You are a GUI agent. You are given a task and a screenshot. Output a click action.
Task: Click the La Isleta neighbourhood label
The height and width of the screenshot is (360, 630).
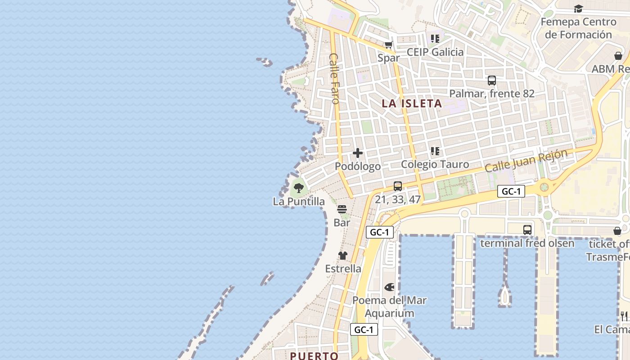(412, 103)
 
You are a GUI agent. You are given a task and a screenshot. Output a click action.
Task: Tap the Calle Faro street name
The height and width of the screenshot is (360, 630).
(334, 79)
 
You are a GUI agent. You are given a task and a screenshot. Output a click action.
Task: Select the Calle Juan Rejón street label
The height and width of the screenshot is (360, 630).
(526, 161)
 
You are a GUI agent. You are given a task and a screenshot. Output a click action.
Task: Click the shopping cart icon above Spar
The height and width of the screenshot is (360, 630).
(388, 45)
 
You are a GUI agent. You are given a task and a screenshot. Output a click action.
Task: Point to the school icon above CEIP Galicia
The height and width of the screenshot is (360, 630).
(435, 39)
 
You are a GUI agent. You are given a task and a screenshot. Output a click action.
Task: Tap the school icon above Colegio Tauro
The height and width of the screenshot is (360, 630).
(435, 151)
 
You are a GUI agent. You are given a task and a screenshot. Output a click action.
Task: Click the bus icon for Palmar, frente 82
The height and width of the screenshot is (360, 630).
(492, 81)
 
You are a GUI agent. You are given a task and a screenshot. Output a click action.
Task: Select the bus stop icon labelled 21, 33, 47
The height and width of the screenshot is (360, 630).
(397, 186)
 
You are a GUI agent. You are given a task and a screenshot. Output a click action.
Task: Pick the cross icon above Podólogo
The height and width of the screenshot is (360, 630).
(358, 153)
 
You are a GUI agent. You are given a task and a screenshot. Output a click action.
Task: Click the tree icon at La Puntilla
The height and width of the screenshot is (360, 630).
(298, 188)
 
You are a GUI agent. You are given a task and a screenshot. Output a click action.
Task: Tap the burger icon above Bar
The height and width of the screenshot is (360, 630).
(342, 209)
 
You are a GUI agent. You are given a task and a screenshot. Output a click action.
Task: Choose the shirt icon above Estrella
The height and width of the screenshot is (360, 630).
(343, 256)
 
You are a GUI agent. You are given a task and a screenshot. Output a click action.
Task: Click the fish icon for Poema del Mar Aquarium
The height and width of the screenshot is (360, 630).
(389, 287)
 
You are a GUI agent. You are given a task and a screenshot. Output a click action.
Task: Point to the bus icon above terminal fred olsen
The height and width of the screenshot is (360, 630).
(527, 229)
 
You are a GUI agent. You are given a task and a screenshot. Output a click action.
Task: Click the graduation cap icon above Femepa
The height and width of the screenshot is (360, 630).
(578, 9)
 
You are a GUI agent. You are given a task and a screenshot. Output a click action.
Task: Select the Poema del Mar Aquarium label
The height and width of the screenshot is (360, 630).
(389, 307)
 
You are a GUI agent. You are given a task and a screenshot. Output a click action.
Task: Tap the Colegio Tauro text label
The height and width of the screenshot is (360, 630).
(435, 165)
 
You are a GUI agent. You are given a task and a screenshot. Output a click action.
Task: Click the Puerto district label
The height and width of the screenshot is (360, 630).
(314, 356)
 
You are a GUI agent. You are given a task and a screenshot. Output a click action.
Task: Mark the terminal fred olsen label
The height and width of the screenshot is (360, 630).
(527, 243)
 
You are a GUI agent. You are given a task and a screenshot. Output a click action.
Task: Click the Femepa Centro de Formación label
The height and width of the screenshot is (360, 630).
(578, 28)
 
